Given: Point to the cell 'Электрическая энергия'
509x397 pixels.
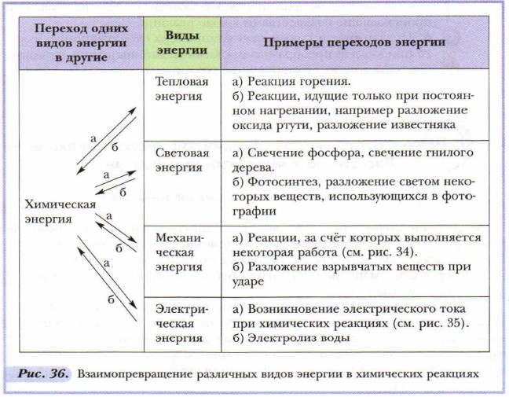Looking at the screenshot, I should click(x=181, y=322).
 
